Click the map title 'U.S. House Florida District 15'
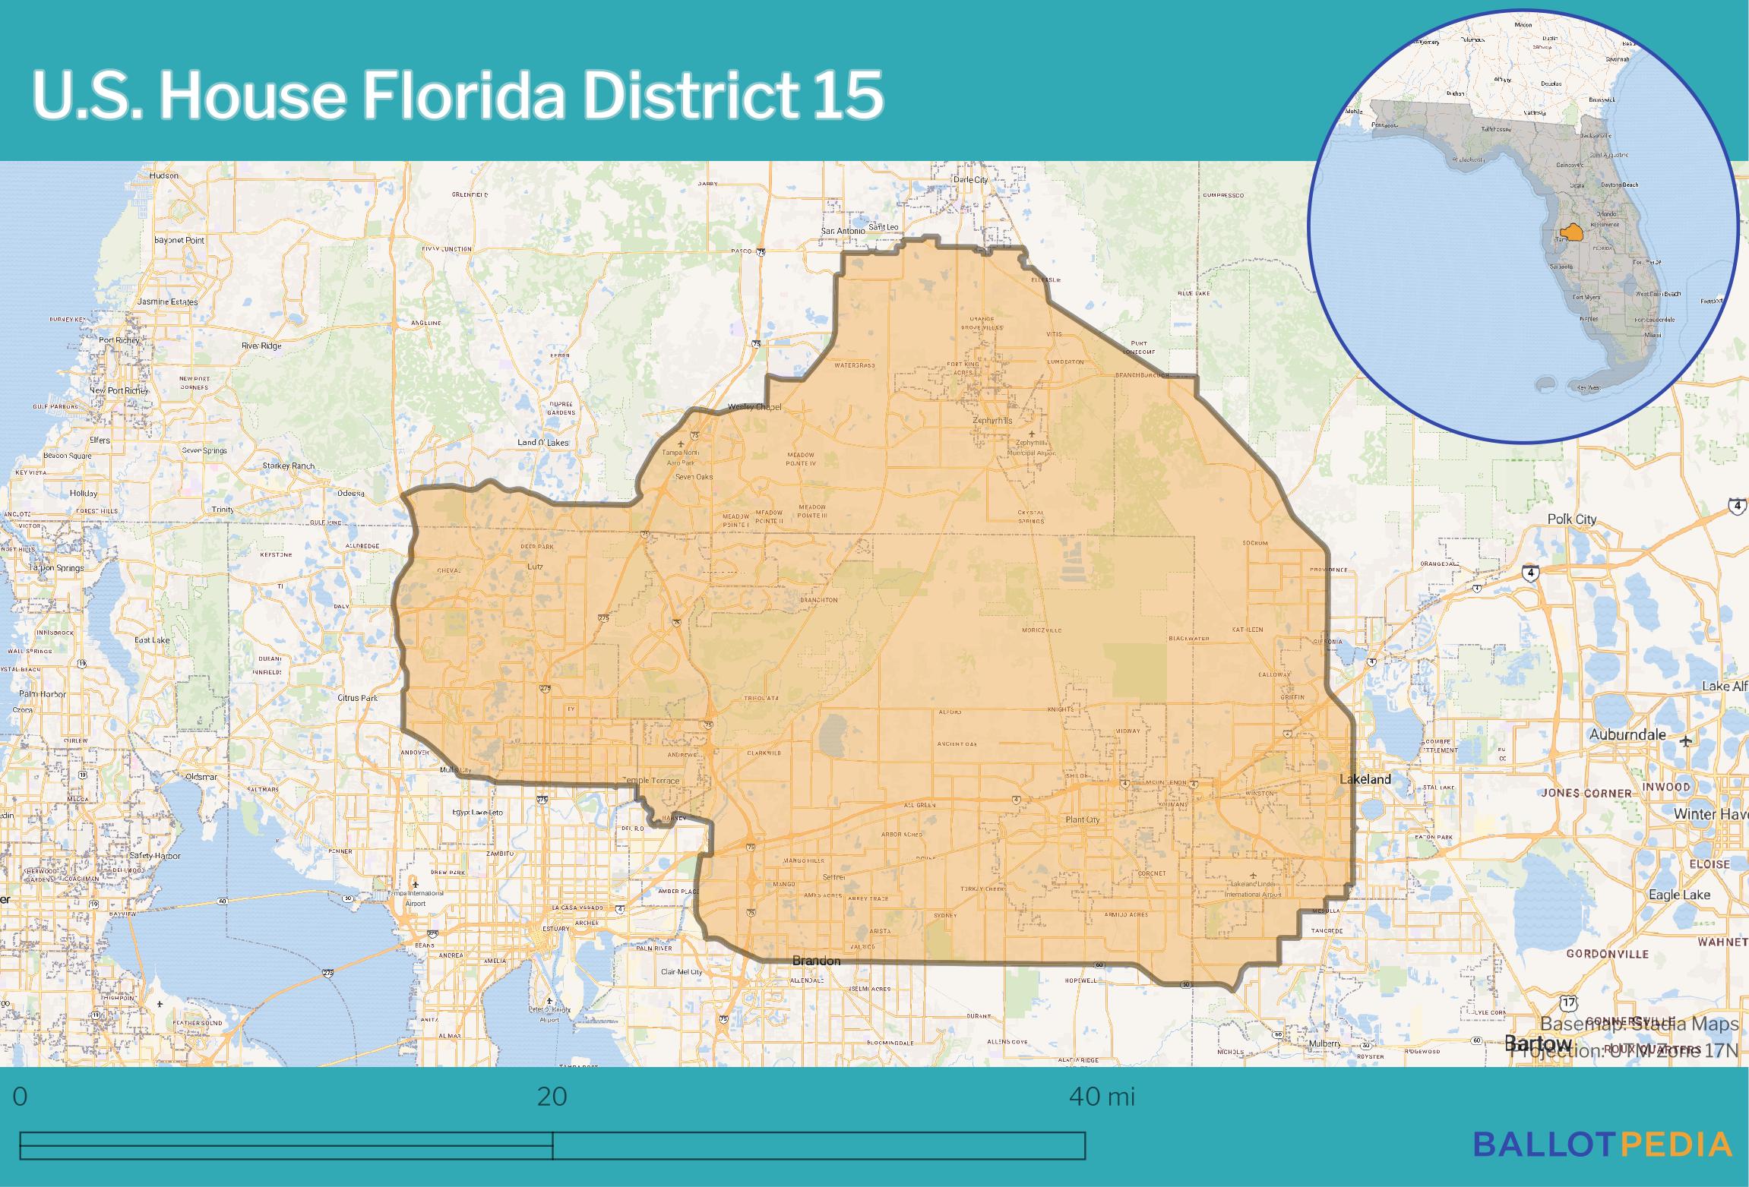coord(457,96)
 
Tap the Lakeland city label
coord(1365,778)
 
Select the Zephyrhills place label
coord(992,420)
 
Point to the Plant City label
coord(1082,819)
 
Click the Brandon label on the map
coord(816,961)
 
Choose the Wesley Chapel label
coord(754,407)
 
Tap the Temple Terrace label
coord(651,781)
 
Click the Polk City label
coord(1572,519)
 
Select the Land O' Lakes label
coord(542,443)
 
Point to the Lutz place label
coord(535,566)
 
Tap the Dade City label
coord(970,180)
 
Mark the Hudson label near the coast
coord(164,175)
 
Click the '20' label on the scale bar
coord(552,1097)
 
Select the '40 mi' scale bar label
coord(1102,1097)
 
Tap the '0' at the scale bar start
coord(21,1097)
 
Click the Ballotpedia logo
coord(1602,1165)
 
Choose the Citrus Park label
coord(358,697)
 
